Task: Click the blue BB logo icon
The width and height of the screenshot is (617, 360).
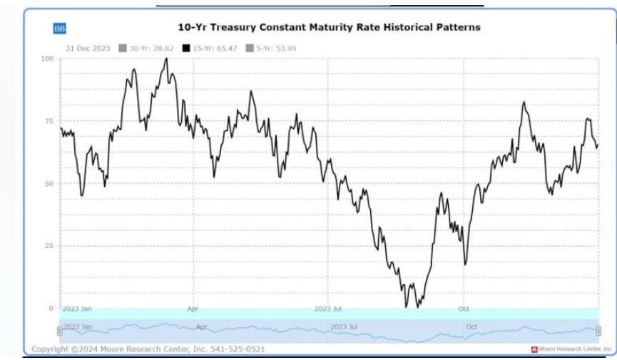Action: [58, 29]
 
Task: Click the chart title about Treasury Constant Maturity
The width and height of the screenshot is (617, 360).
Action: [329, 27]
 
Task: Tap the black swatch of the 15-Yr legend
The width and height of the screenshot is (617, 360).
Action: [188, 48]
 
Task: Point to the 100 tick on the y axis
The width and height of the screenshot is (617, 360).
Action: [49, 58]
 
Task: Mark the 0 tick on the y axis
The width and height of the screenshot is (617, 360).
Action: [52, 308]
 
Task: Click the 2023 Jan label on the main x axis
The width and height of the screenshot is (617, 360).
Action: [77, 310]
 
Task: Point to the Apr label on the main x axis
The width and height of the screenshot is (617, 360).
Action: [192, 310]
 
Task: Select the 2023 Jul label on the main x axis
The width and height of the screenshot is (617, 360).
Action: [327, 310]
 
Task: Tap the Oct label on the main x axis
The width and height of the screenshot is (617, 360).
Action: [463, 310]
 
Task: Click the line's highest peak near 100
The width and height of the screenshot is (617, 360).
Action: [166, 59]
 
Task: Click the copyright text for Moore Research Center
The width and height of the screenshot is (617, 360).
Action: [148, 349]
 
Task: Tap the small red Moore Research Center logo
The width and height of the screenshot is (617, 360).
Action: [533, 349]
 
